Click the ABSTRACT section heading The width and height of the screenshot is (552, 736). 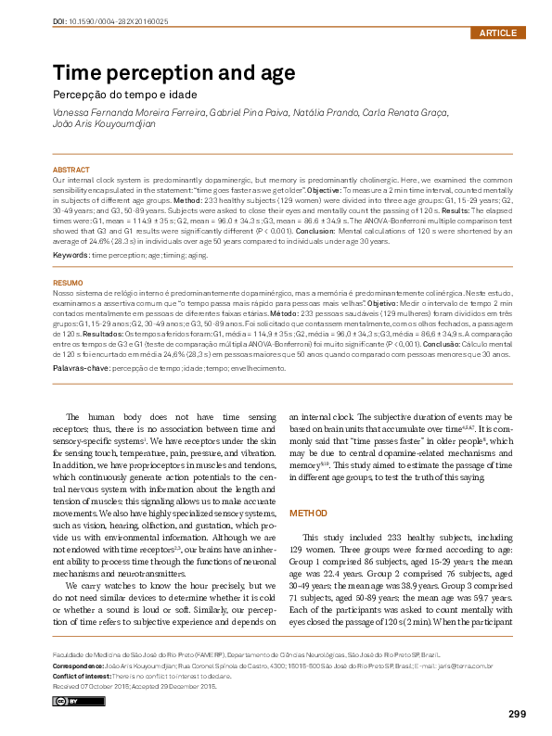click(71, 171)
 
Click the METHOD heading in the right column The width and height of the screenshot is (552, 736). click(308, 513)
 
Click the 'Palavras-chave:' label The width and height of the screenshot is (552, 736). click(81, 369)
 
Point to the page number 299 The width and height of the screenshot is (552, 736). click(518, 713)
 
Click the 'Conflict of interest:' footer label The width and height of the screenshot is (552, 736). click(80, 676)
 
